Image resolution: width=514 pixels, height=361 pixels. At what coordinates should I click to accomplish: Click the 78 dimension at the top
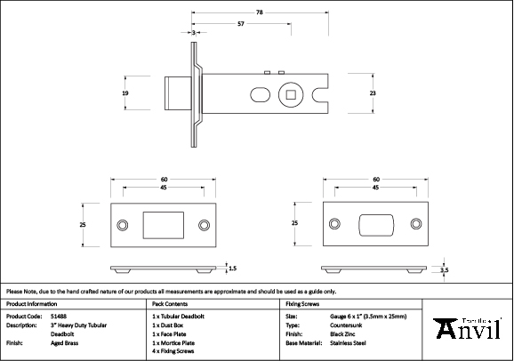(259, 12)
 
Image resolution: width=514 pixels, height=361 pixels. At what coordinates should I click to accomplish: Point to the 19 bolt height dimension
(126, 93)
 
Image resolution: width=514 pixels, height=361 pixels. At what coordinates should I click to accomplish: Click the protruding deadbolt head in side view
(176, 92)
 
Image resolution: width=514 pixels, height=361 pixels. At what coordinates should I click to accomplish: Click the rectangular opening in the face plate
(161, 224)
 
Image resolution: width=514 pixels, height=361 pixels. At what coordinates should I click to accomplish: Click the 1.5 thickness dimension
(232, 267)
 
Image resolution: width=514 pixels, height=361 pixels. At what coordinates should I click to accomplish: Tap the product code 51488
(59, 316)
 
